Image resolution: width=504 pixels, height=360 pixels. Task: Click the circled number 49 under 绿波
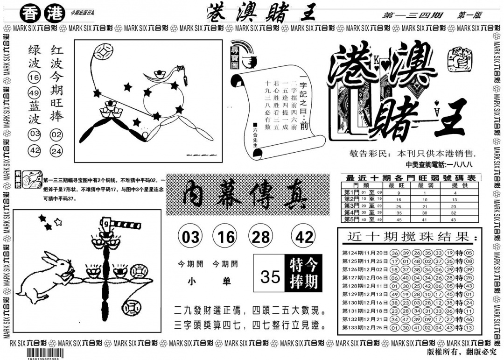point(34,92)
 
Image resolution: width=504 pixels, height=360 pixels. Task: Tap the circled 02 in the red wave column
point(57,135)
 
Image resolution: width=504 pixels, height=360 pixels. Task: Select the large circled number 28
point(261,237)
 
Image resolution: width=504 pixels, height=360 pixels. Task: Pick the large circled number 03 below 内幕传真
point(190,237)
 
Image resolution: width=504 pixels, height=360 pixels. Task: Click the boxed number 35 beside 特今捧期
point(270,276)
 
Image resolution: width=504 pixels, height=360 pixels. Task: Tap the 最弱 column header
point(425,185)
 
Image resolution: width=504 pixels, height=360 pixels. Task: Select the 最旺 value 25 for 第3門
point(399,205)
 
